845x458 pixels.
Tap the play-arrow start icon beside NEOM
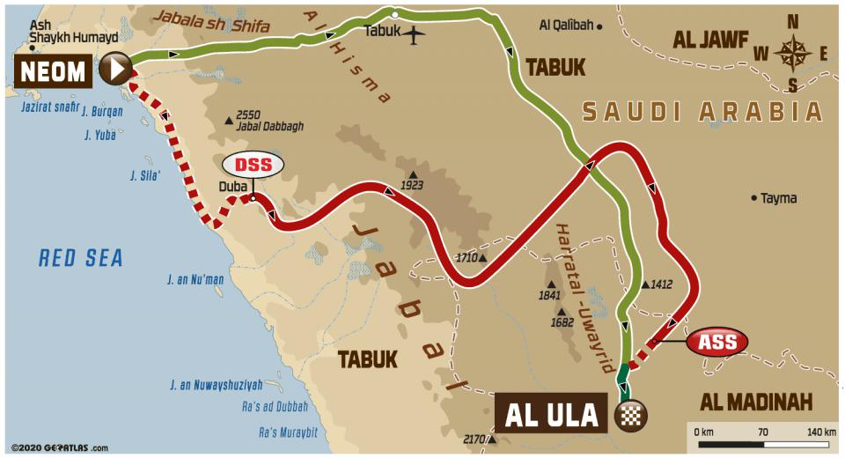tap(114, 68)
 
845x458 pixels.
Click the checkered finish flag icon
tap(630, 414)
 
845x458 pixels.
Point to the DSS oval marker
tap(253, 165)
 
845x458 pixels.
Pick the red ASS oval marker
tap(717, 340)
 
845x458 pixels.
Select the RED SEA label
tap(80, 257)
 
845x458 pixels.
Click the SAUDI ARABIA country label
tap(702, 112)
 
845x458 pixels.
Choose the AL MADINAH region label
tap(755, 402)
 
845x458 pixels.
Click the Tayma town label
tap(778, 198)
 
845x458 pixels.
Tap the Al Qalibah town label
tap(565, 26)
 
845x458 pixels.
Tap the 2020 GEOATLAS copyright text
tap(59, 447)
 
